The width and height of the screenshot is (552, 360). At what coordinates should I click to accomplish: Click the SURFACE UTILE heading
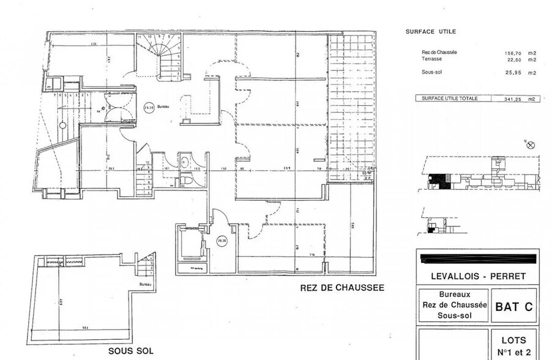431,31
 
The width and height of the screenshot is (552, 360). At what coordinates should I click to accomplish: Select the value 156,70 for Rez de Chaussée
505,53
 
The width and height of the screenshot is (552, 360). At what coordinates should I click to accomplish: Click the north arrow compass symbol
530,145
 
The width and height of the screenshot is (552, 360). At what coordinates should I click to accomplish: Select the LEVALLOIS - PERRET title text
477,276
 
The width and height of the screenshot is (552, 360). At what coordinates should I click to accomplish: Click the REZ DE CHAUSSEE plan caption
342,288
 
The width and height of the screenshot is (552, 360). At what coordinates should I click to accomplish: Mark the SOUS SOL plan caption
131,351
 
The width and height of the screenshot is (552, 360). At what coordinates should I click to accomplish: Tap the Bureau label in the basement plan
145,285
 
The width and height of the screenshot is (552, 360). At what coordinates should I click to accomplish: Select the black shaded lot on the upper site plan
438,178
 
